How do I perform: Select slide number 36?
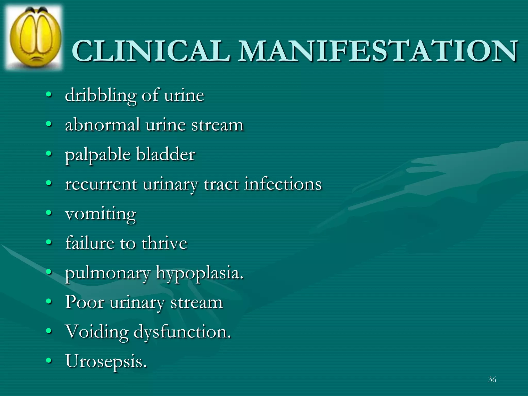click(492, 379)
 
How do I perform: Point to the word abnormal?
click(102, 125)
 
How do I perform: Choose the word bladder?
click(166, 154)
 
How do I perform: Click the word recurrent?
click(101, 185)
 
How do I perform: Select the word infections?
click(283, 184)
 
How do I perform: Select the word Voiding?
click(97, 332)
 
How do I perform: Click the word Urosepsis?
click(106, 361)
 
